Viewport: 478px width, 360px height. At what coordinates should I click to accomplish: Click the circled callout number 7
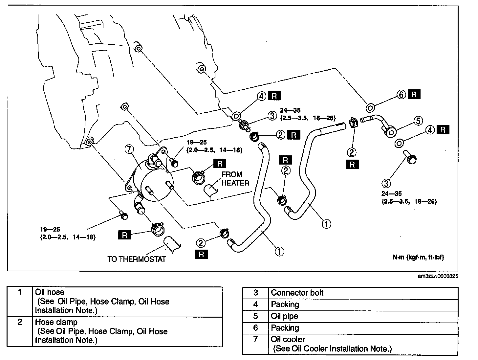pyautogui.click(x=129, y=149)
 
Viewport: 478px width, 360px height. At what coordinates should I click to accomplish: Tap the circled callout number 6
pyautogui.click(x=401, y=95)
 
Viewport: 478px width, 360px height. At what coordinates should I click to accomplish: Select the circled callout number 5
pyautogui.click(x=418, y=121)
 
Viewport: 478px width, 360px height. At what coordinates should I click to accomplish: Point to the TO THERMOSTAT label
pyautogui.click(x=136, y=259)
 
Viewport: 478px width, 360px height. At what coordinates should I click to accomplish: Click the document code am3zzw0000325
pyautogui.click(x=438, y=276)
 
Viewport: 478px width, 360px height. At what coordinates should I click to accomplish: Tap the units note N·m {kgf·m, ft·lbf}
pyautogui.click(x=418, y=257)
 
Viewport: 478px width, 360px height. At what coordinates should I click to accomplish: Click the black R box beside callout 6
pyautogui.click(x=414, y=95)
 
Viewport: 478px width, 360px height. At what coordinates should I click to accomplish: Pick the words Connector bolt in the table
pyautogui.click(x=297, y=293)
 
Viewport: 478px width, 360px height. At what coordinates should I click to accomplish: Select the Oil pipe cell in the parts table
pyautogui.click(x=284, y=316)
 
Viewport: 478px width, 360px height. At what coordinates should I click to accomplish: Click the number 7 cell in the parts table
pyautogui.click(x=255, y=339)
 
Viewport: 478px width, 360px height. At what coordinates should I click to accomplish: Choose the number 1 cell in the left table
pyautogui.click(x=20, y=292)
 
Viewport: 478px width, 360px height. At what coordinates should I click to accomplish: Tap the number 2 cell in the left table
pyautogui.click(x=20, y=322)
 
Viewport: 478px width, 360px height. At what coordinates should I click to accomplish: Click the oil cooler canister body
pyautogui.click(x=154, y=181)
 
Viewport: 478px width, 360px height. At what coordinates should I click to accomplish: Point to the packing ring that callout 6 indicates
pyautogui.click(x=370, y=107)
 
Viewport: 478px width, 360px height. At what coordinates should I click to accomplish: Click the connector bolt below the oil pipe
pyautogui.click(x=411, y=158)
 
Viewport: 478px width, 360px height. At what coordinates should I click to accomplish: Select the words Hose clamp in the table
pyautogui.click(x=56, y=322)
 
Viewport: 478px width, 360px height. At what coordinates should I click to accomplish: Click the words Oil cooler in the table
pyautogui.click(x=288, y=339)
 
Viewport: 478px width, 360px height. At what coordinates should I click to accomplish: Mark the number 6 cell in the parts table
pyautogui.click(x=255, y=327)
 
